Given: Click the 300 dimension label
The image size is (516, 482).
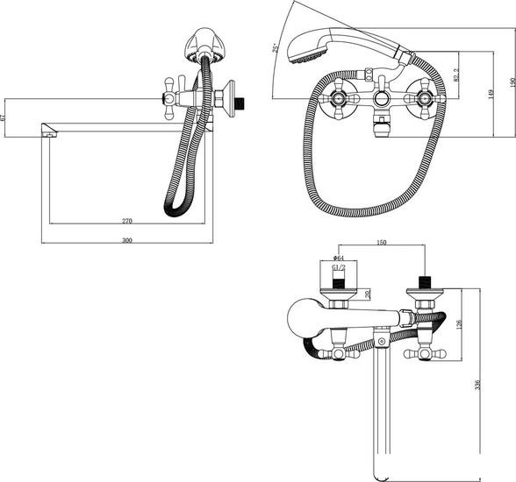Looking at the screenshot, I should point(126,239).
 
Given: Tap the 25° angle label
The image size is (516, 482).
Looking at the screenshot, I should point(275,47).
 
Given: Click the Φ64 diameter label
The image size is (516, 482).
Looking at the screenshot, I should point(338,258).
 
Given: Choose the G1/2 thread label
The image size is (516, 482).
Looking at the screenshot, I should point(338,269).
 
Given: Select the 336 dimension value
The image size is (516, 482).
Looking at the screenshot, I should point(477,387).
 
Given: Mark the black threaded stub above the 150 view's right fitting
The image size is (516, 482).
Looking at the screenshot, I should point(426,283).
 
